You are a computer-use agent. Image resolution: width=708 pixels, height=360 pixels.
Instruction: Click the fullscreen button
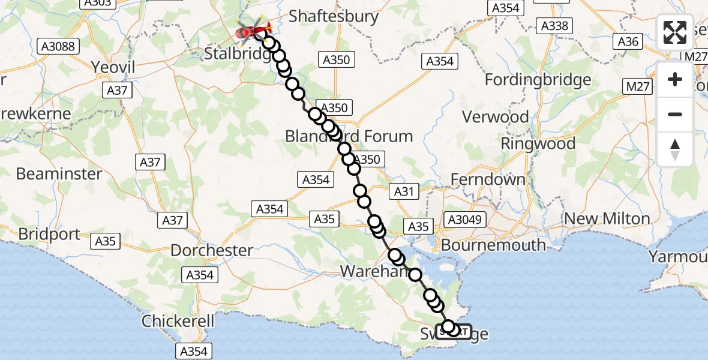[x=675, y=32]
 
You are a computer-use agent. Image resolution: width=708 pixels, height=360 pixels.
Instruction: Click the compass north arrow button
[x=675, y=149]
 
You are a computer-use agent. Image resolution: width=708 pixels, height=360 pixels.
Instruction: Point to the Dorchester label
[x=212, y=250]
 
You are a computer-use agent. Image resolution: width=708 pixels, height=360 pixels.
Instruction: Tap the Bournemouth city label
[x=494, y=245]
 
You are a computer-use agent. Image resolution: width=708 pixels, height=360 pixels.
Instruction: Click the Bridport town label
[x=49, y=234]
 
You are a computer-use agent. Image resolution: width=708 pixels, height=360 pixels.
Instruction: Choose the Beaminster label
[x=59, y=174]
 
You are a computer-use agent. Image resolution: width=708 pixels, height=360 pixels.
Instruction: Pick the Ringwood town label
[x=538, y=143]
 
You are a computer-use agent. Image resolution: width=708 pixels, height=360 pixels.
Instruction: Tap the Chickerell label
[x=178, y=321]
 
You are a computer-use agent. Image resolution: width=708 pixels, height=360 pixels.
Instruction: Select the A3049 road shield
[x=464, y=220]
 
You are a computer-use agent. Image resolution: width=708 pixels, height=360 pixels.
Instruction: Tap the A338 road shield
[x=554, y=26]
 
